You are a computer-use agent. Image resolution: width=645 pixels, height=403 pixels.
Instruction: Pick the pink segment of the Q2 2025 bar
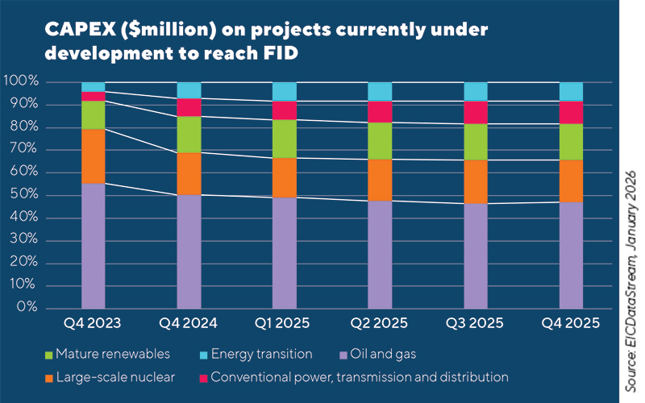tap(380, 111)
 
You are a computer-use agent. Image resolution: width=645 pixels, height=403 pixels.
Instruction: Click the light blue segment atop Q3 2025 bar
tap(476, 91)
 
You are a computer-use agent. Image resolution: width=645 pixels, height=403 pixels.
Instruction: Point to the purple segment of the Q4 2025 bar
tap(571, 255)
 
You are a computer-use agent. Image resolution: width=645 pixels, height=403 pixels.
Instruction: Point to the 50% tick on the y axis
tap(22, 195)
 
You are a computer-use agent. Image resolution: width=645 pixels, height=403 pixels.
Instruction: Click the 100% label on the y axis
tap(20, 81)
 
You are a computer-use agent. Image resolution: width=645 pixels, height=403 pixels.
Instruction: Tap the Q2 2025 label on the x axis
tap(380, 324)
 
